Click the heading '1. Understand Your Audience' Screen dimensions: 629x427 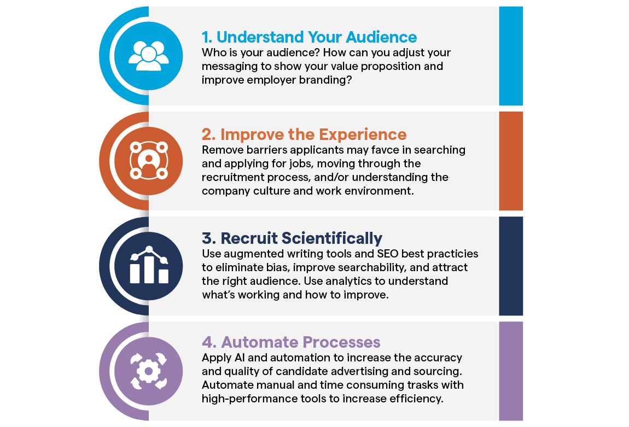tap(309, 37)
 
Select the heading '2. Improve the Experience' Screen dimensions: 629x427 tap(304, 134)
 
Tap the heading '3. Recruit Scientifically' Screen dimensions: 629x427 tap(292, 238)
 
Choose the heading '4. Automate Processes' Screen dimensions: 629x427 tap(291, 342)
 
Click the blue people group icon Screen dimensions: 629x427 tap(148, 56)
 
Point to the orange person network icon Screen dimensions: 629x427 tap(148, 160)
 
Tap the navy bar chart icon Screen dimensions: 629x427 tap(149, 265)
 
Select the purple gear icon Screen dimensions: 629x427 tap(148, 371)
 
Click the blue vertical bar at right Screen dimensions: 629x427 tap(511, 56)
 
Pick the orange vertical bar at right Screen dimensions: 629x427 tap(511, 161)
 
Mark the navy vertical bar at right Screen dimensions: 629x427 tap(511, 266)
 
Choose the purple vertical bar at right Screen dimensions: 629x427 tap(511, 371)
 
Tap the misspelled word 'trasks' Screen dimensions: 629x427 tap(422, 385)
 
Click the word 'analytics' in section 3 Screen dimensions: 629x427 tap(350, 281)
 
